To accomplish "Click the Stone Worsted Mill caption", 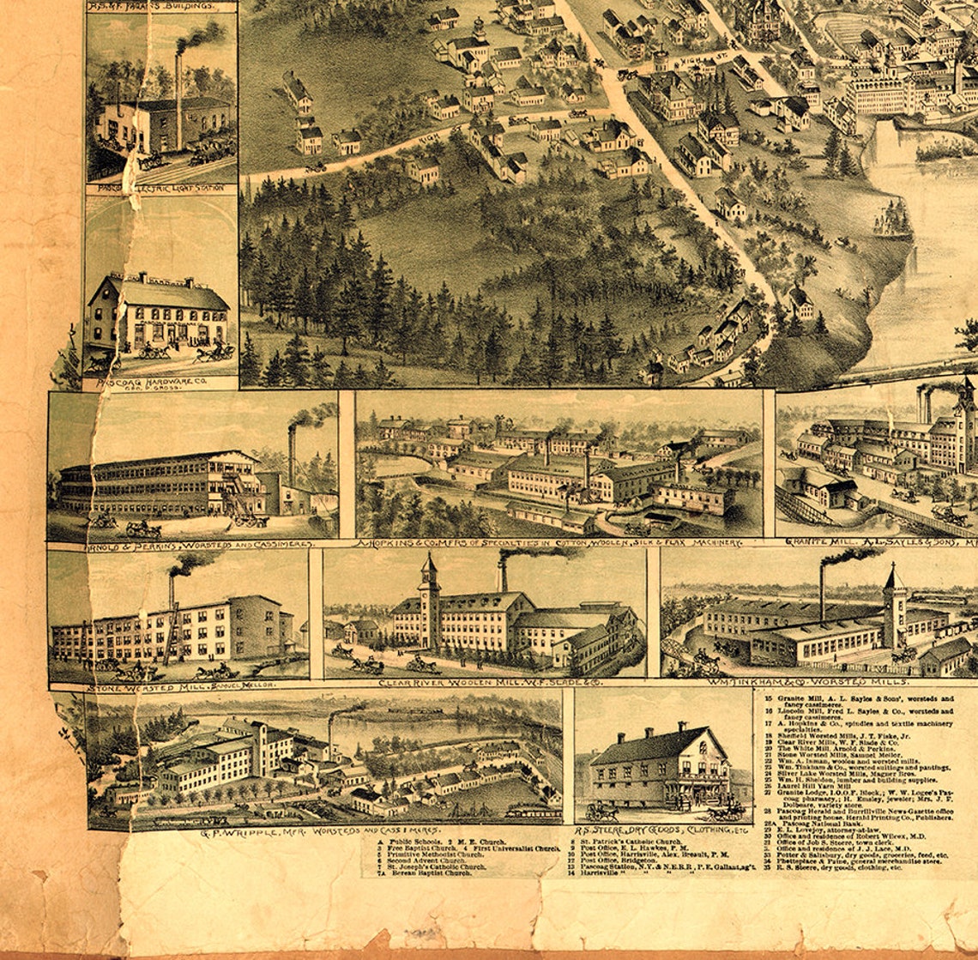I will pyautogui.click(x=179, y=685).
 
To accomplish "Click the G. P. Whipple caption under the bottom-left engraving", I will pyautogui.click(x=308, y=831).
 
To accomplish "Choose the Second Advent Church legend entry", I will pyautogui.click(x=420, y=859).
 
